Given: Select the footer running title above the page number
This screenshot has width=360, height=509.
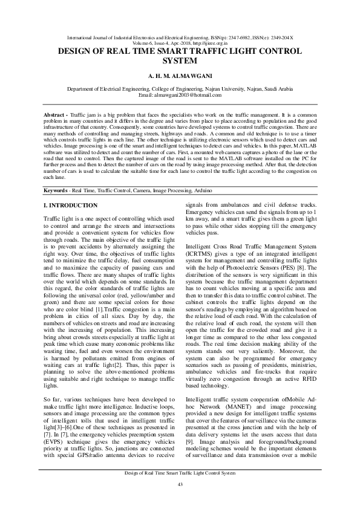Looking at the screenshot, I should [180, 473].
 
